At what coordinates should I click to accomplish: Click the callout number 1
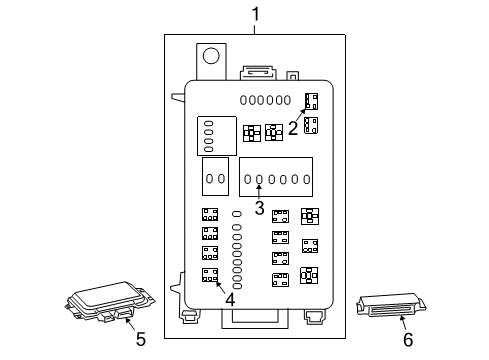click(255, 14)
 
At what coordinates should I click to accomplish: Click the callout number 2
click(293, 127)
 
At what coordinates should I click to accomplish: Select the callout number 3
click(259, 208)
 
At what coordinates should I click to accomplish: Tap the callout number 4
click(230, 299)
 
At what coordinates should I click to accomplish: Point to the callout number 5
click(140, 340)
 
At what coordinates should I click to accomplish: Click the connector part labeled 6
click(392, 306)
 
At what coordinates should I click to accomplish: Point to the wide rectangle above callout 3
click(275, 178)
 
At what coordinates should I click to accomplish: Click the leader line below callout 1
click(255, 29)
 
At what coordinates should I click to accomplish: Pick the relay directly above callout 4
click(210, 274)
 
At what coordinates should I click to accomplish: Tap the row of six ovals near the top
click(266, 100)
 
